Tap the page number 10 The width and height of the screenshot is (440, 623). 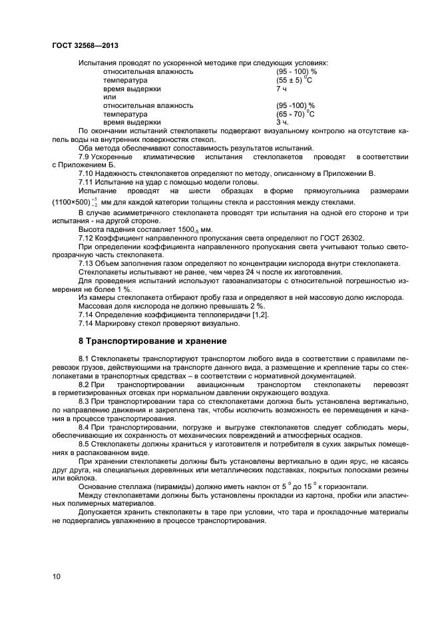[x=56, y=575]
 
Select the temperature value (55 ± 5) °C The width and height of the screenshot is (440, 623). [x=294, y=80]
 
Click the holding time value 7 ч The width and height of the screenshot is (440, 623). [x=281, y=89]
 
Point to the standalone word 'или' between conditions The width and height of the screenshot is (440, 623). [x=109, y=97]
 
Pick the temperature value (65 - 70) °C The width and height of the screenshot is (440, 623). [x=294, y=114]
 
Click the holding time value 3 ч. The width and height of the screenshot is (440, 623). [x=282, y=123]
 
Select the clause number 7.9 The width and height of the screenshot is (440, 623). [x=85, y=157]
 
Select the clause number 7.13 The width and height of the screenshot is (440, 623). [x=87, y=263]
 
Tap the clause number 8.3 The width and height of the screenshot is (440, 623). [x=85, y=402]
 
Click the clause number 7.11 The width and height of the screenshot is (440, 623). [x=87, y=182]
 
